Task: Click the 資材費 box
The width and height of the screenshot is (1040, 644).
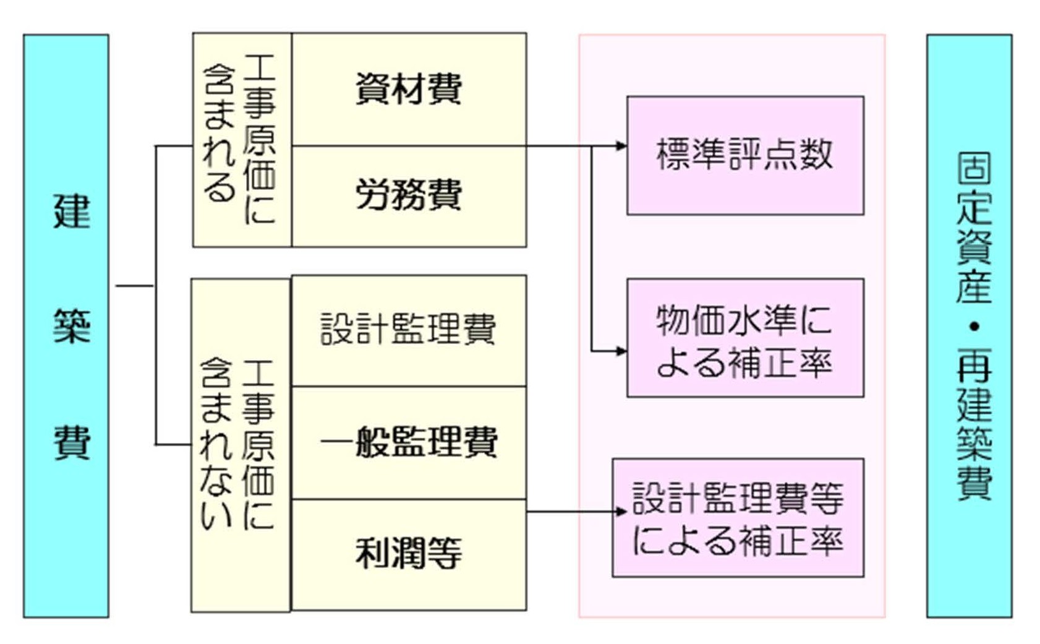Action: click(409, 89)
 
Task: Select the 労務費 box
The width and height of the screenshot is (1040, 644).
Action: click(409, 195)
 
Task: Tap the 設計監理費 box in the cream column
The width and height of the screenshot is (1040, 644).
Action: click(409, 330)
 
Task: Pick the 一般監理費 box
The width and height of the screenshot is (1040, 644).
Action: click(409, 442)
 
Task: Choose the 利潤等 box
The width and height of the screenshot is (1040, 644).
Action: click(409, 554)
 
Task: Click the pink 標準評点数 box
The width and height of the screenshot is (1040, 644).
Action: click(745, 155)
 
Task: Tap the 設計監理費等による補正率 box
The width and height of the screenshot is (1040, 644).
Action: click(738, 518)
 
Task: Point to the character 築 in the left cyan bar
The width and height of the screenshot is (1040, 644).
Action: click(72, 326)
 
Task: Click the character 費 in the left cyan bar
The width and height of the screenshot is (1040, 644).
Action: click(72, 442)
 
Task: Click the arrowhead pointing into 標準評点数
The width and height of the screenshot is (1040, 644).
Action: click(621, 146)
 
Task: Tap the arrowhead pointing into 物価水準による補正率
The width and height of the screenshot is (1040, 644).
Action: click(621, 351)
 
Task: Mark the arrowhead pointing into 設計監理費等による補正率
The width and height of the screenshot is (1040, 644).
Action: click(621, 511)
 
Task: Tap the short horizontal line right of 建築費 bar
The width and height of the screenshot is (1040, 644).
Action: click(134, 286)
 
